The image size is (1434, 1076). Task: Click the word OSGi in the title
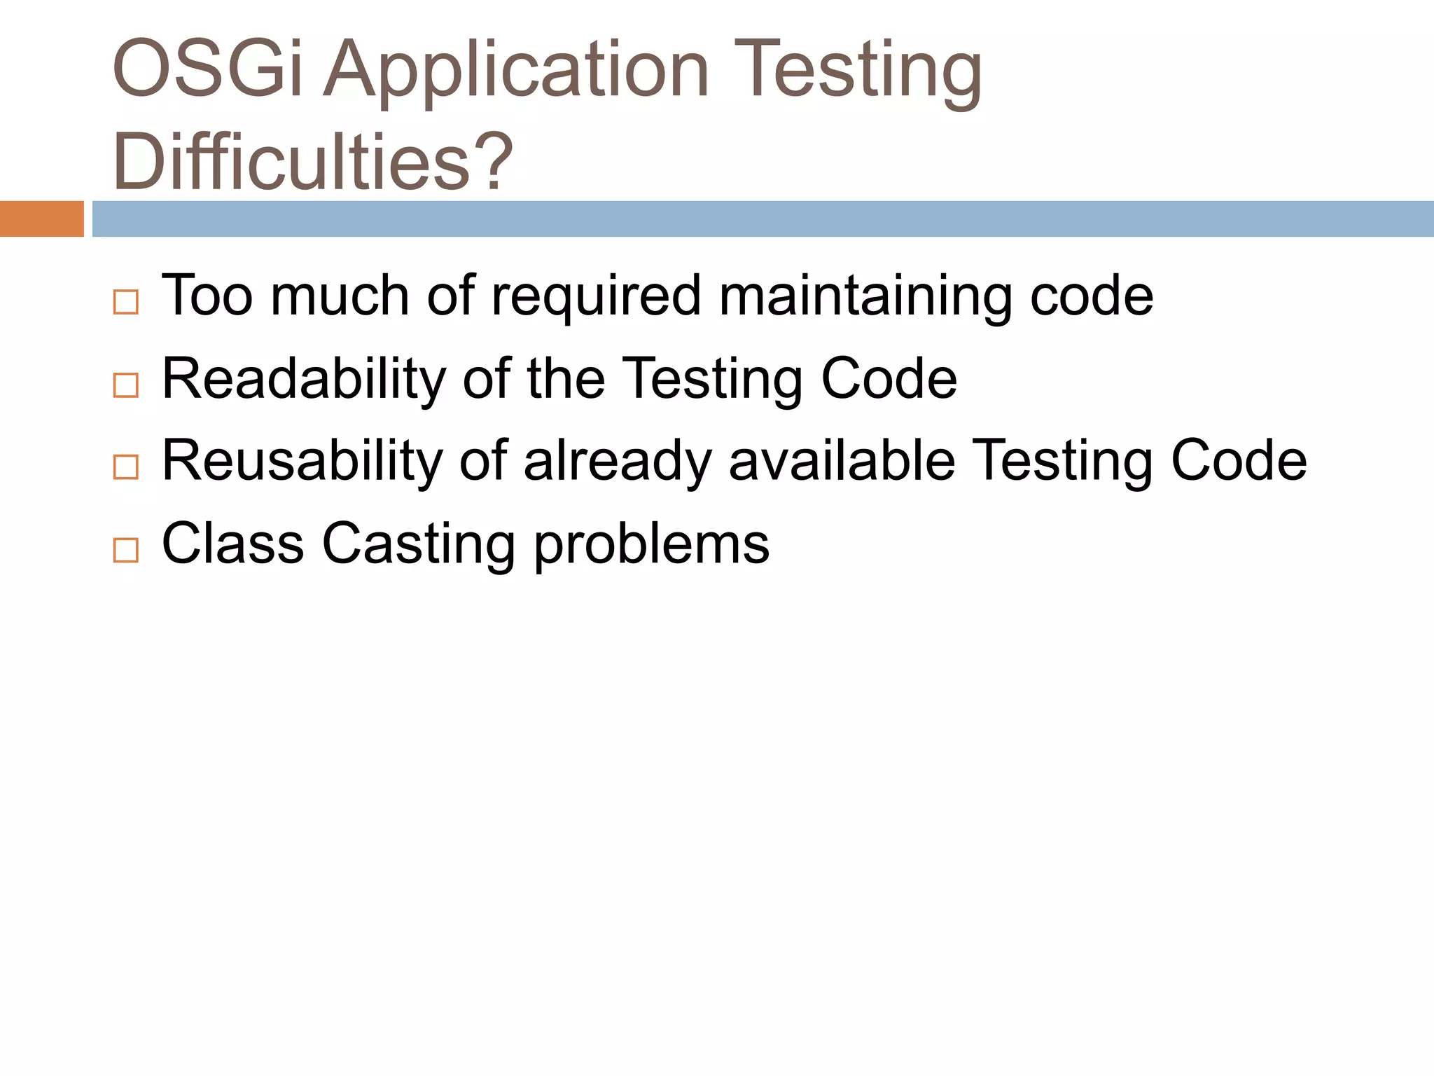(x=208, y=69)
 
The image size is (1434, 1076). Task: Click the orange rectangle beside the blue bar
(x=41, y=219)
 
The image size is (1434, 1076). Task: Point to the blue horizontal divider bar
(x=763, y=219)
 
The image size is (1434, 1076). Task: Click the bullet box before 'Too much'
(x=126, y=303)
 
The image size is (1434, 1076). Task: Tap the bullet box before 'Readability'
(x=126, y=385)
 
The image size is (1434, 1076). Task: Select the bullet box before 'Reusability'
(x=126, y=467)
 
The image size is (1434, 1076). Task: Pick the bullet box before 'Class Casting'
(x=126, y=550)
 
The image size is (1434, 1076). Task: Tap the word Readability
(x=304, y=380)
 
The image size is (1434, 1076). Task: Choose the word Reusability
(x=302, y=461)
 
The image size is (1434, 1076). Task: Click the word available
(x=842, y=461)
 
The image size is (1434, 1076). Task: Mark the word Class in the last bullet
(x=233, y=543)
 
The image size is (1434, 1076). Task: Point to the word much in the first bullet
(x=340, y=296)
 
